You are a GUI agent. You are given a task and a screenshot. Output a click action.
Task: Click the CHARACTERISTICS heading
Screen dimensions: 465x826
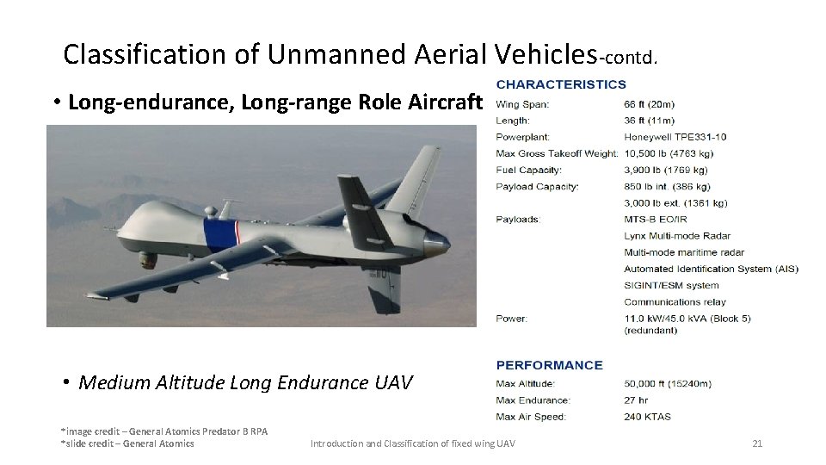561,84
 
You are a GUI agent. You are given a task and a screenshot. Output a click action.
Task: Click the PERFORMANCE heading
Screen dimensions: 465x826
549,365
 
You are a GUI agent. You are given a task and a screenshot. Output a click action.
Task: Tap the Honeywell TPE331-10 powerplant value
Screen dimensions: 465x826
675,137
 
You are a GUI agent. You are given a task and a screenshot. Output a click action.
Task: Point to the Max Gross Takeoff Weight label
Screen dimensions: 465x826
557,153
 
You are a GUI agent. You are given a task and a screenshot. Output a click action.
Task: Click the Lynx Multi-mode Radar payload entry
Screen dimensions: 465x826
676,236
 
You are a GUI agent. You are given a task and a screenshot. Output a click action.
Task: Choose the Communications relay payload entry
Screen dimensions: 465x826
675,302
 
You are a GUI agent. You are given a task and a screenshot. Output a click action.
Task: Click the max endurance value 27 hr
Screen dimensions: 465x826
638,400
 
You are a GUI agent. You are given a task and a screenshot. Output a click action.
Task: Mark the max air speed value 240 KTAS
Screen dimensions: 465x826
648,417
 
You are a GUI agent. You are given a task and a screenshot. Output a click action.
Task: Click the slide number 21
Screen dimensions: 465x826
757,443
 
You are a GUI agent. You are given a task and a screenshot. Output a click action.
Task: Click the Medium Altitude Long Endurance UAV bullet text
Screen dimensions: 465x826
245,382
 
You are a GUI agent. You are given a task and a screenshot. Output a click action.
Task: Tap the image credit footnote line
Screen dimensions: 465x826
163,431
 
